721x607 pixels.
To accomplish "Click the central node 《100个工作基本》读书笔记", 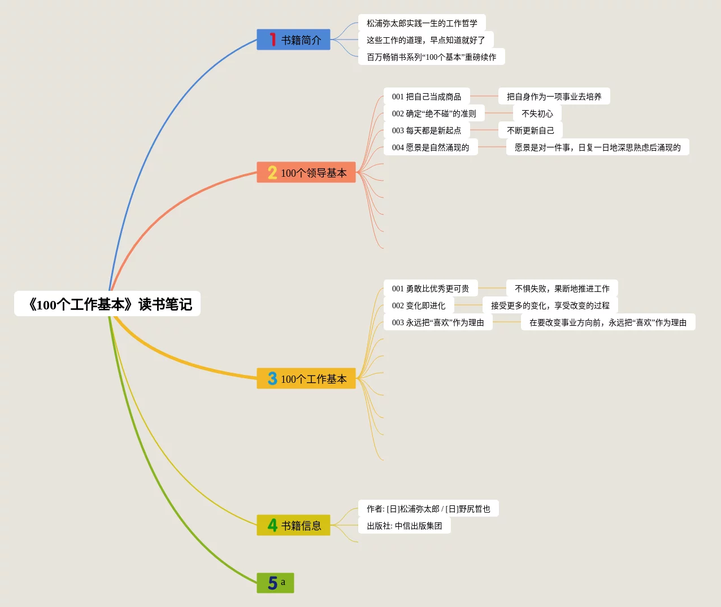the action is pos(107,304).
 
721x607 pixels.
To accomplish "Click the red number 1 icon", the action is pos(273,40).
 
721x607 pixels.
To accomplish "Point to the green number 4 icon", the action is pos(272,526).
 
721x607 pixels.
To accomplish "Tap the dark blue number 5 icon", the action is pos(272,583).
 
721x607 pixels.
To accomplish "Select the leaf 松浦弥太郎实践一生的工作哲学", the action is pos(422,23).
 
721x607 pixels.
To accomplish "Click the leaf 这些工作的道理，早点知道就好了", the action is pos(425,40).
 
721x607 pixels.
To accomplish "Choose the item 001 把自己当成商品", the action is pos(427,97).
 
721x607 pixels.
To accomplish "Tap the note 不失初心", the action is pos(537,113).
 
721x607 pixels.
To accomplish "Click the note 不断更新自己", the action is pos(530,130).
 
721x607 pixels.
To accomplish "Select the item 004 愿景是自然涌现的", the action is pos(431,147).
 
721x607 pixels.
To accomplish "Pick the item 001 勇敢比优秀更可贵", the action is pos(431,289).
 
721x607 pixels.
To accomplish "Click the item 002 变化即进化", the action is pos(419,305).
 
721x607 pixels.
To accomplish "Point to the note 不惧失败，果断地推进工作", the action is pos(562,289).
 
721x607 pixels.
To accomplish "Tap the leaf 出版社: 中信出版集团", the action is pos(404,526).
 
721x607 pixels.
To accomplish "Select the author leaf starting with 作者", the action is pos(428,509).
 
